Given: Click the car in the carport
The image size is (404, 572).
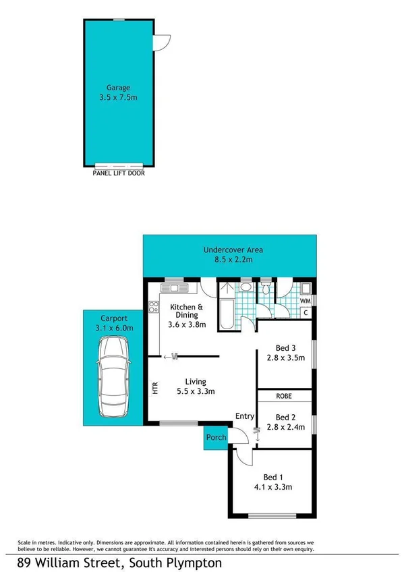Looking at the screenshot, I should click(x=112, y=376).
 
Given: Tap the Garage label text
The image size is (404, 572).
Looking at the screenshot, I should click(x=118, y=87).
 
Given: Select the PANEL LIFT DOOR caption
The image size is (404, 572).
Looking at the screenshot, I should click(x=118, y=173).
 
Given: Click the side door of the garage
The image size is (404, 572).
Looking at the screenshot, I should click(x=160, y=42).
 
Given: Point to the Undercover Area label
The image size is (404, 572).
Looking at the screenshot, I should click(x=233, y=250).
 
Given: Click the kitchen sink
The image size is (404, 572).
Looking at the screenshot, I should click(x=177, y=289).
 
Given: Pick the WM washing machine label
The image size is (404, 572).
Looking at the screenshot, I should click(x=305, y=301).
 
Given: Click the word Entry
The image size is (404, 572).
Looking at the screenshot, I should click(x=243, y=416).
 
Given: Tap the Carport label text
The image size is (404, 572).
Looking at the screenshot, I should click(x=113, y=318).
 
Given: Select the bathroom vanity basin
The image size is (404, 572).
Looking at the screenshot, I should click(x=247, y=288).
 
